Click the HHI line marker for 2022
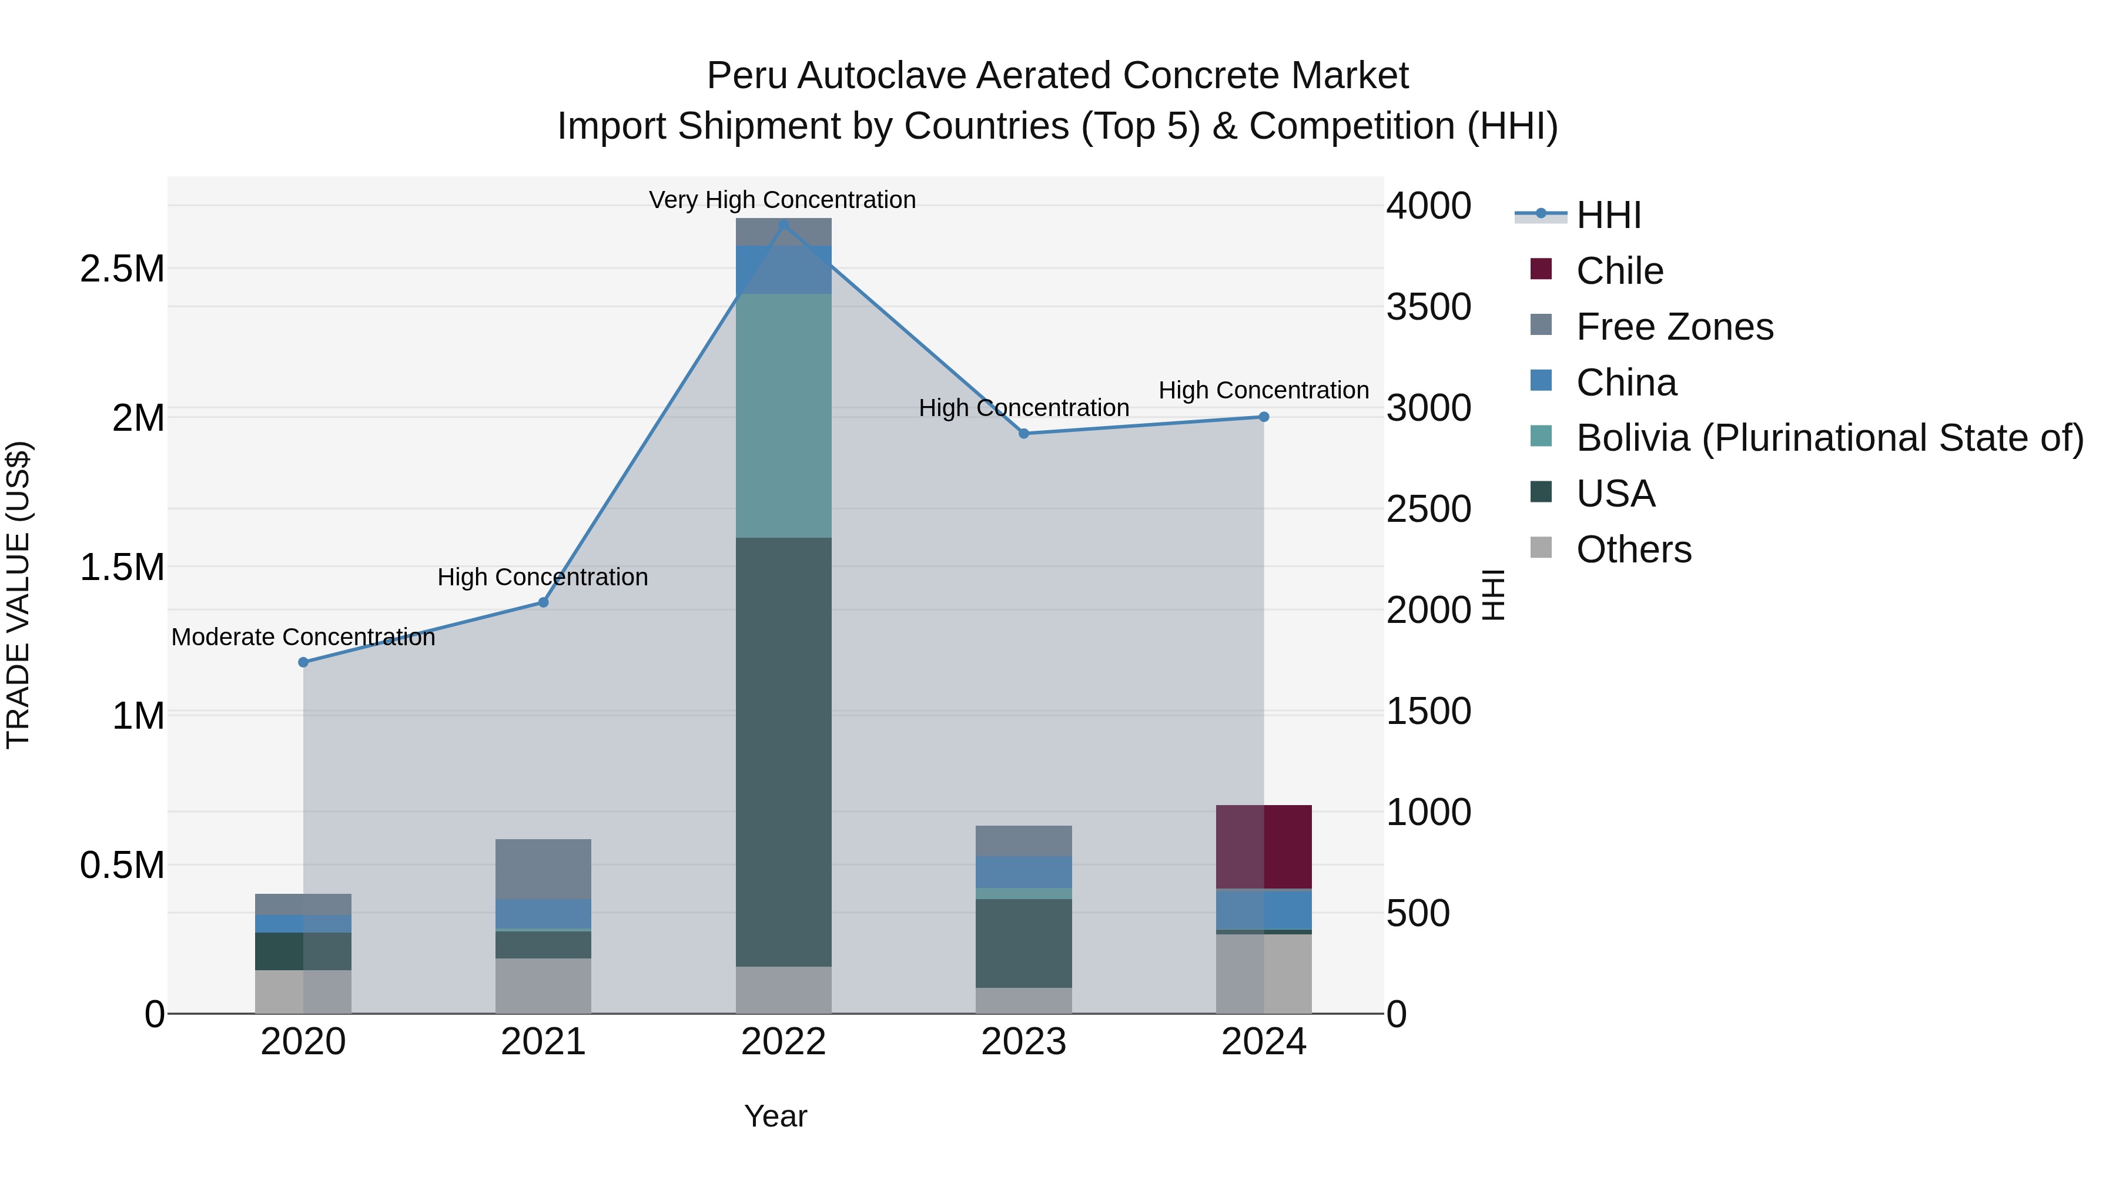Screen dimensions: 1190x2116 pyautogui.click(x=783, y=225)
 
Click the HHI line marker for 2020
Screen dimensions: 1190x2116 pyautogui.click(x=303, y=662)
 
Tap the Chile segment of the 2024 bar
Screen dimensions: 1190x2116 pyautogui.click(x=1263, y=847)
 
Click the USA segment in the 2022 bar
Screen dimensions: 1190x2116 pyautogui.click(x=783, y=752)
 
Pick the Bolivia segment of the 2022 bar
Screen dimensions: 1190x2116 pyautogui.click(x=783, y=415)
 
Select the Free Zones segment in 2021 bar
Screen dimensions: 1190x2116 pyautogui.click(x=543, y=869)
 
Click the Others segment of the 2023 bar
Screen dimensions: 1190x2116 pyautogui.click(x=1023, y=1000)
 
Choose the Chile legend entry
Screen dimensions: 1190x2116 pyautogui.click(x=1618, y=271)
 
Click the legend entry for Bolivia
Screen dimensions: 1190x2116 pyautogui.click(x=1829, y=438)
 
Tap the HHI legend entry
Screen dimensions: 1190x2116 pyautogui.click(x=1608, y=215)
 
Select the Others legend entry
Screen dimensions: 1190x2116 pyautogui.click(x=1633, y=549)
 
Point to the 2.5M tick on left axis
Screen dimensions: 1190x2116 pyautogui.click(x=122, y=269)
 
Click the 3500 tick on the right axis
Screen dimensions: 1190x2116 pyautogui.click(x=1428, y=307)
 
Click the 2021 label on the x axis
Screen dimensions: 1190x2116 pyautogui.click(x=543, y=1042)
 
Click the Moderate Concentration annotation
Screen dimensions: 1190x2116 pyautogui.click(x=303, y=636)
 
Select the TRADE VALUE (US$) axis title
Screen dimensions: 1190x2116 pyautogui.click(x=18, y=595)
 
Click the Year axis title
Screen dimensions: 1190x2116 pyautogui.click(x=775, y=1116)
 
